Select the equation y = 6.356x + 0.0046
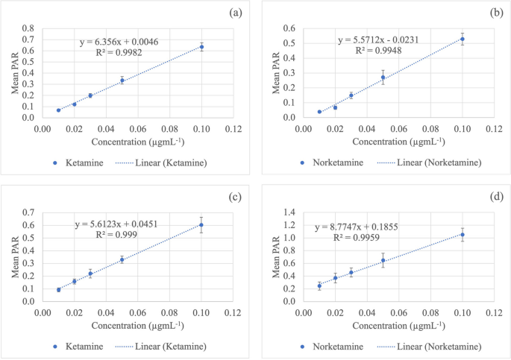[119, 42]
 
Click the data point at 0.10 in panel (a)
[201, 47]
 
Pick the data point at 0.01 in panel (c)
[58, 290]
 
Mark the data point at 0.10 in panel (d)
[463, 235]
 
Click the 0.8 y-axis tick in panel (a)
[29, 28]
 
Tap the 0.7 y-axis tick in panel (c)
[29, 212]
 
